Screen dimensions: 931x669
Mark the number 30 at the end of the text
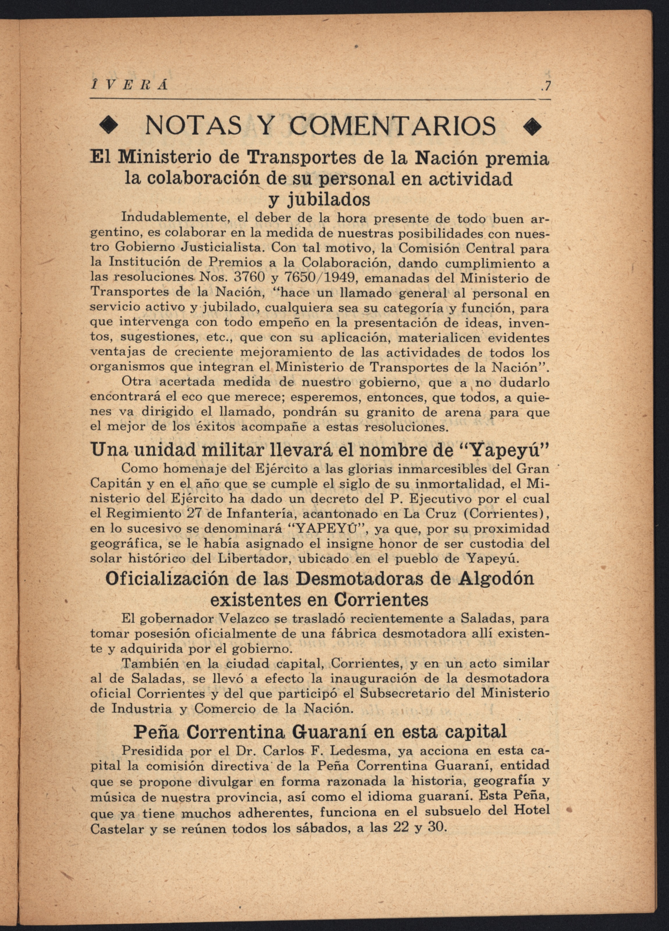coord(436,826)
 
